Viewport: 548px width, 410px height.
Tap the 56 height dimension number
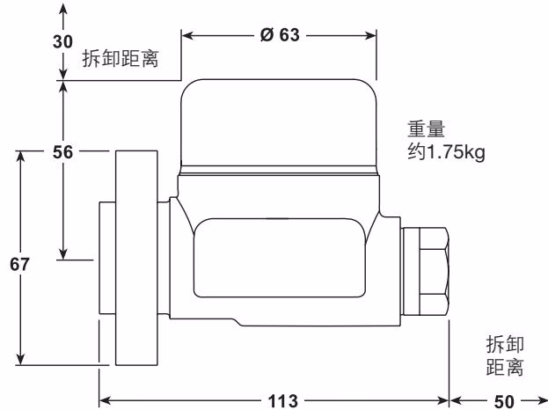[62, 152]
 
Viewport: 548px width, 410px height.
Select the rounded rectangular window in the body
[278, 257]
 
